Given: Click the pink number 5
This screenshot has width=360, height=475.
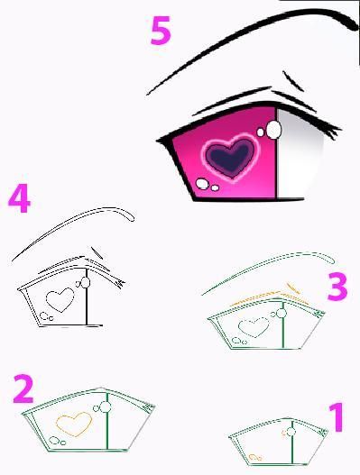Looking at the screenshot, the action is coord(161,31).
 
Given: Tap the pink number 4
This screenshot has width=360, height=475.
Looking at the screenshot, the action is coord(20,198).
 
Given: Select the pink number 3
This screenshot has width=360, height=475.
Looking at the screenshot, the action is coord(337,287).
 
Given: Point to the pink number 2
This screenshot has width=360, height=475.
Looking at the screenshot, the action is coord(23,389).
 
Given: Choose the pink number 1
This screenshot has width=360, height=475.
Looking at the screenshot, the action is coord(337,417).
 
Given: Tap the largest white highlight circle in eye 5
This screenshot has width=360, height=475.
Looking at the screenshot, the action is coord(274,130).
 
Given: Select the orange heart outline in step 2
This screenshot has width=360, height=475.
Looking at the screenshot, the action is coord(74,425).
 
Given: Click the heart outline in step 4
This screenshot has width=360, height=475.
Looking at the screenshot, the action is coord(60,299).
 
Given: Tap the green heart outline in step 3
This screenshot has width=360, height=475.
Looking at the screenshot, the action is coord(254,327).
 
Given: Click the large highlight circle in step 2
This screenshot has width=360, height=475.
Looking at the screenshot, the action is coord(106,407).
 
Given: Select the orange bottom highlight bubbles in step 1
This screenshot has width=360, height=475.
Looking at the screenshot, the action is coord(255,457).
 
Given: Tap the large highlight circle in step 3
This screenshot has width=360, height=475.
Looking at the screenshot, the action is coord(282,314).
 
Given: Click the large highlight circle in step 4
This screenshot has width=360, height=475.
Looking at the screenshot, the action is coord(86,283).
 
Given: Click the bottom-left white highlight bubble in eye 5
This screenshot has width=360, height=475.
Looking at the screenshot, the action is coord(202,184).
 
